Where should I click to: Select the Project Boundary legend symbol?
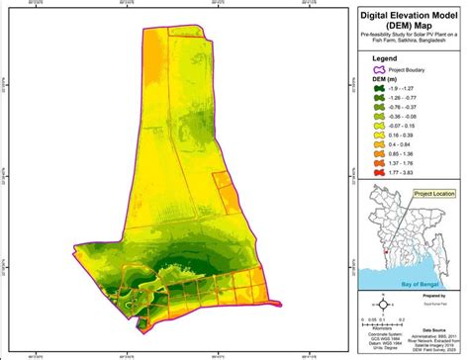[x=379, y=71]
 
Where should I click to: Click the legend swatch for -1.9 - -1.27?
[x=379, y=90]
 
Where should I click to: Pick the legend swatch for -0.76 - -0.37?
[x=379, y=109]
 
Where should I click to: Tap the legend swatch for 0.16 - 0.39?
[x=379, y=135]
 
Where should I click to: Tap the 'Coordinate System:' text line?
[x=379, y=331]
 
